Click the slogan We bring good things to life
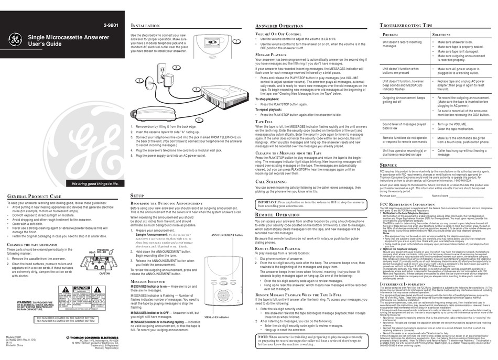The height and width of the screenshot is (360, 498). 91,183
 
